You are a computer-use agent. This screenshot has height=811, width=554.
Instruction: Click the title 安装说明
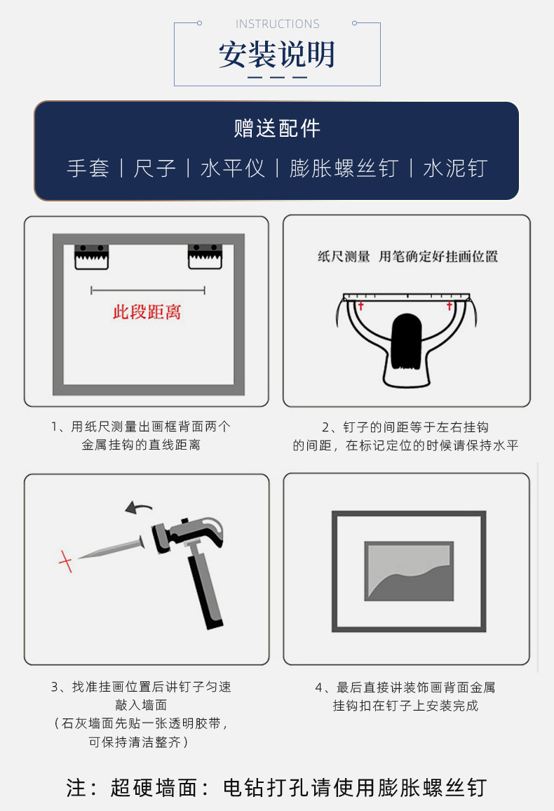tap(277, 55)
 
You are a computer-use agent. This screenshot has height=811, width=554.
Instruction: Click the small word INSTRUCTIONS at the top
tap(277, 24)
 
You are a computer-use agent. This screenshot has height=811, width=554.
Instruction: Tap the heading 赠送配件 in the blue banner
tap(277, 129)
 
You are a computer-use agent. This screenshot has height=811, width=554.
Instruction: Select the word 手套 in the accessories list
tap(88, 168)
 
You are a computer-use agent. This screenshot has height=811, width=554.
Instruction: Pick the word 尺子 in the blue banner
tap(154, 168)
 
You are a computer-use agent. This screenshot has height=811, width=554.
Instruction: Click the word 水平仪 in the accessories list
tap(233, 168)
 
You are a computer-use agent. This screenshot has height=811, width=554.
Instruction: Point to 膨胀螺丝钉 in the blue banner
tap(344, 168)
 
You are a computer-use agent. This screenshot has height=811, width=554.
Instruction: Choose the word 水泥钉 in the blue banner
tap(455, 168)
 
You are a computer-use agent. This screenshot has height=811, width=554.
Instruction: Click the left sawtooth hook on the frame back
tap(92, 256)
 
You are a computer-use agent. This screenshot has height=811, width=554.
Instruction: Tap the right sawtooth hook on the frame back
tap(205, 256)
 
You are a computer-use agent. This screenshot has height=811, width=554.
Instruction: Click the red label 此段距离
tap(147, 312)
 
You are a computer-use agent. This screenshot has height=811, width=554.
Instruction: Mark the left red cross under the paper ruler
tap(361, 307)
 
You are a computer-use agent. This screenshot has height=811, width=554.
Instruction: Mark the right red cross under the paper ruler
tap(450, 307)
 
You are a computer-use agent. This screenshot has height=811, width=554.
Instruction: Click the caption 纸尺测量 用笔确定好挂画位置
tap(407, 257)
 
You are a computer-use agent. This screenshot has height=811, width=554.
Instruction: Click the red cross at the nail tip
tap(65, 561)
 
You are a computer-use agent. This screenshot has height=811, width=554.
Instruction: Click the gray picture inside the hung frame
tap(409, 570)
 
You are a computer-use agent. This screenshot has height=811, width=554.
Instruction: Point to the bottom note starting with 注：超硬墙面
tap(277, 787)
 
